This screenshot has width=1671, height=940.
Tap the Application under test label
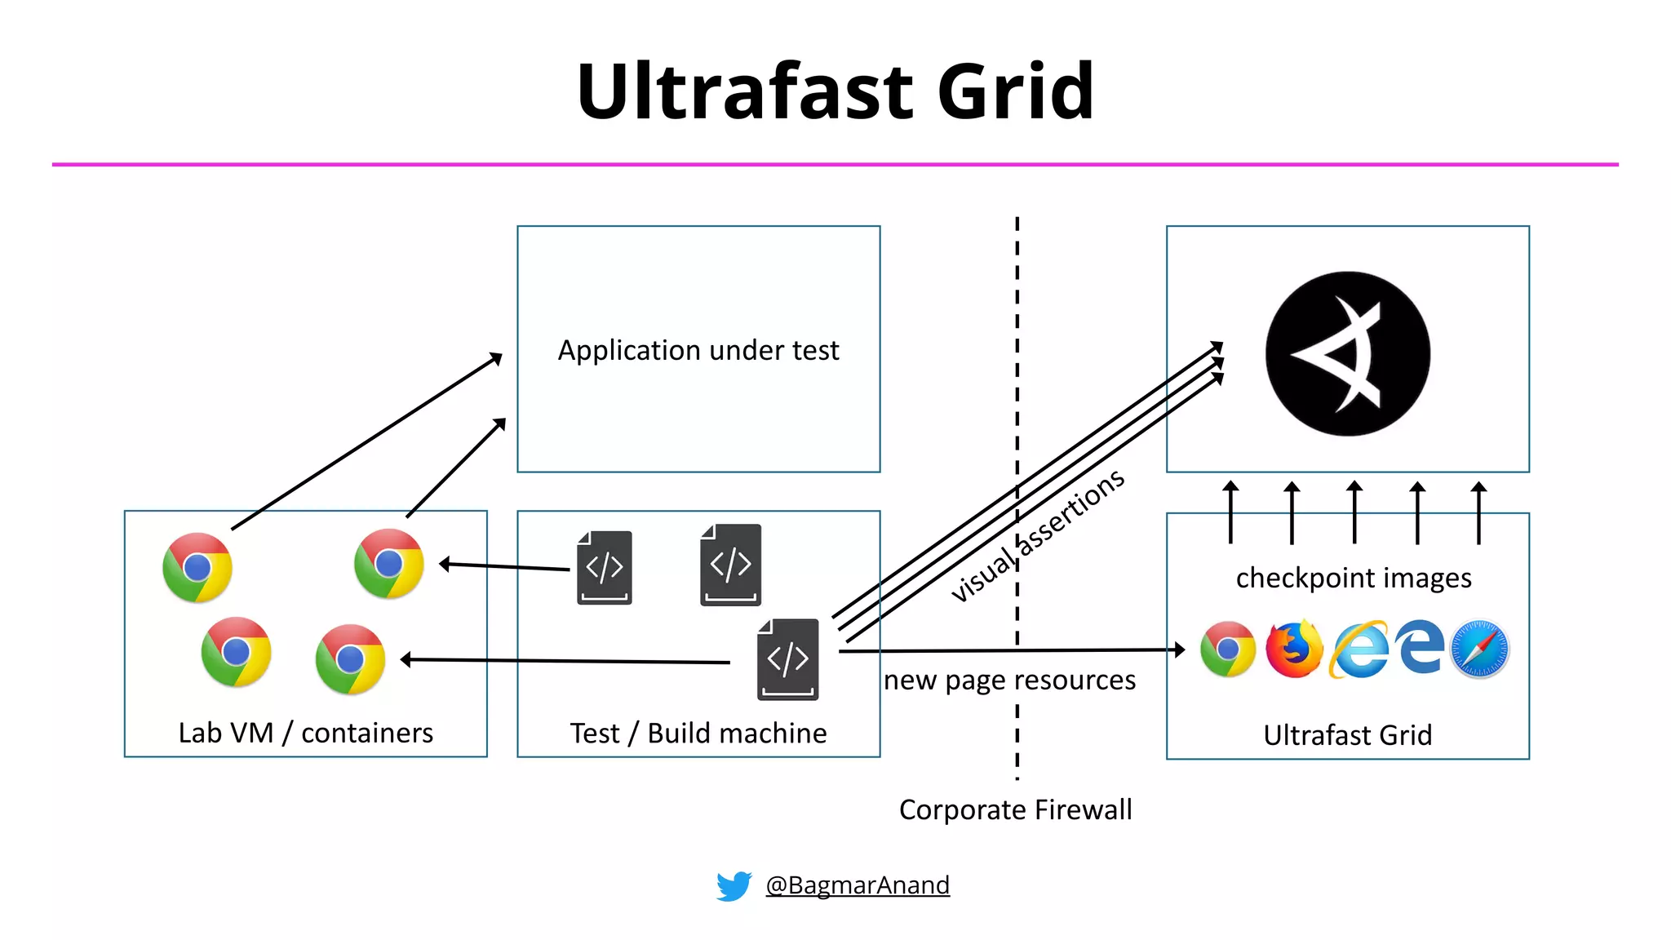point(698,350)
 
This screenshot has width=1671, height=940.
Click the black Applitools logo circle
point(1347,353)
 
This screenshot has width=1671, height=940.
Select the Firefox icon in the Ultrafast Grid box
point(1294,650)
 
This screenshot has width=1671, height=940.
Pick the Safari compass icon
point(1479,650)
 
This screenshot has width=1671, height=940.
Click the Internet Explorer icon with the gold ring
point(1359,650)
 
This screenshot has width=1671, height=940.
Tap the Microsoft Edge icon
point(1419,647)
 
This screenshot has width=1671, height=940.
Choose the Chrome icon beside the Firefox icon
point(1228,650)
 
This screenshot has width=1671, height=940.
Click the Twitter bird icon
point(734,885)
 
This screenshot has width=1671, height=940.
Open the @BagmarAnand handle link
point(858,885)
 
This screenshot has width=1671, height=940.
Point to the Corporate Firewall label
point(1015,809)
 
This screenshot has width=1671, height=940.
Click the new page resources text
point(1009,680)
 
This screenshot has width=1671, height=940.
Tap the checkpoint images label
point(1354,578)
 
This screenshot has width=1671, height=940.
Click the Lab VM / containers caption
point(306,733)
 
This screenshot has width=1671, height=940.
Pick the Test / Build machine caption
point(698,733)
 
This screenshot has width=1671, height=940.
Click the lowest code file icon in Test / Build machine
point(787,659)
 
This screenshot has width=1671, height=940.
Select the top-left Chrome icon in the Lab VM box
point(197,568)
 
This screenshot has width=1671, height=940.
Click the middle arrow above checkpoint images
point(1354,512)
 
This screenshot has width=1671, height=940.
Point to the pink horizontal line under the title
point(835,165)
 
